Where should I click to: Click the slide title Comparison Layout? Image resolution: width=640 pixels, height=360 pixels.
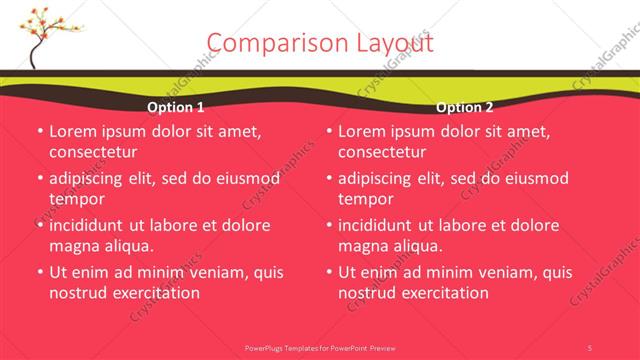pos(320,43)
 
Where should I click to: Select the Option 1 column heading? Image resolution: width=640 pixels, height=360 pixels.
pos(176,107)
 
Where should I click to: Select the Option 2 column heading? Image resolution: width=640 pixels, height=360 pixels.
pos(465,107)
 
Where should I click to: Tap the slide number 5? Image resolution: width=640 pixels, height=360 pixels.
pos(590,347)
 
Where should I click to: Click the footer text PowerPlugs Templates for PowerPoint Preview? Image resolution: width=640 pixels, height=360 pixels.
pos(320,347)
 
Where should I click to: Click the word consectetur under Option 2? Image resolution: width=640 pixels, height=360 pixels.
pos(382,152)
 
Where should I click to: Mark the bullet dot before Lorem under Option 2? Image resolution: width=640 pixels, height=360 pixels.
pos(328,131)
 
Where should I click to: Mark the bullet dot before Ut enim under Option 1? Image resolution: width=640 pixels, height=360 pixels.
pos(39,272)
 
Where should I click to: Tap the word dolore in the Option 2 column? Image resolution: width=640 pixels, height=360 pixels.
pos(532,225)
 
